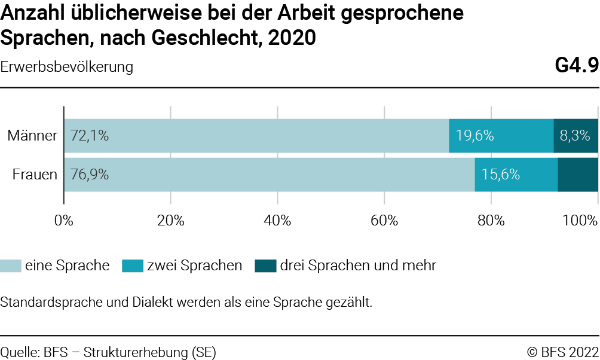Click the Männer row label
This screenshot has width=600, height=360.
click(32, 136)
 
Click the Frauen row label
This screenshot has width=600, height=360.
click(35, 175)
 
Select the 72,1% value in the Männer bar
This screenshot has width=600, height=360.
click(89, 136)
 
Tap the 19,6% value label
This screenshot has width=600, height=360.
click(475, 136)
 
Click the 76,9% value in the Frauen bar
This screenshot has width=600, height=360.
click(89, 175)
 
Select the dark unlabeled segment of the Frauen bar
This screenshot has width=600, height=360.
click(578, 175)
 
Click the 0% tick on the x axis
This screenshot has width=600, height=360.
click(63, 220)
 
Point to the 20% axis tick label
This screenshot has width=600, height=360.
click(170, 220)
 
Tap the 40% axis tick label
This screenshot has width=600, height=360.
click(277, 220)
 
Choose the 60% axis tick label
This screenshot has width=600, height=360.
click(384, 220)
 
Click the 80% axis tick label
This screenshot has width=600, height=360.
click(491, 220)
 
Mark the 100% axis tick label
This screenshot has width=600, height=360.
click(580, 220)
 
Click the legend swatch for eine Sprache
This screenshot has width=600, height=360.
click(11, 266)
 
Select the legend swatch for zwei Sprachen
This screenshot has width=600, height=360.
click(132, 266)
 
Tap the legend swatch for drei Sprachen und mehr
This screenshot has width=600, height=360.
click(265, 266)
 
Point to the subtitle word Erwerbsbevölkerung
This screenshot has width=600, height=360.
click(66, 67)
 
